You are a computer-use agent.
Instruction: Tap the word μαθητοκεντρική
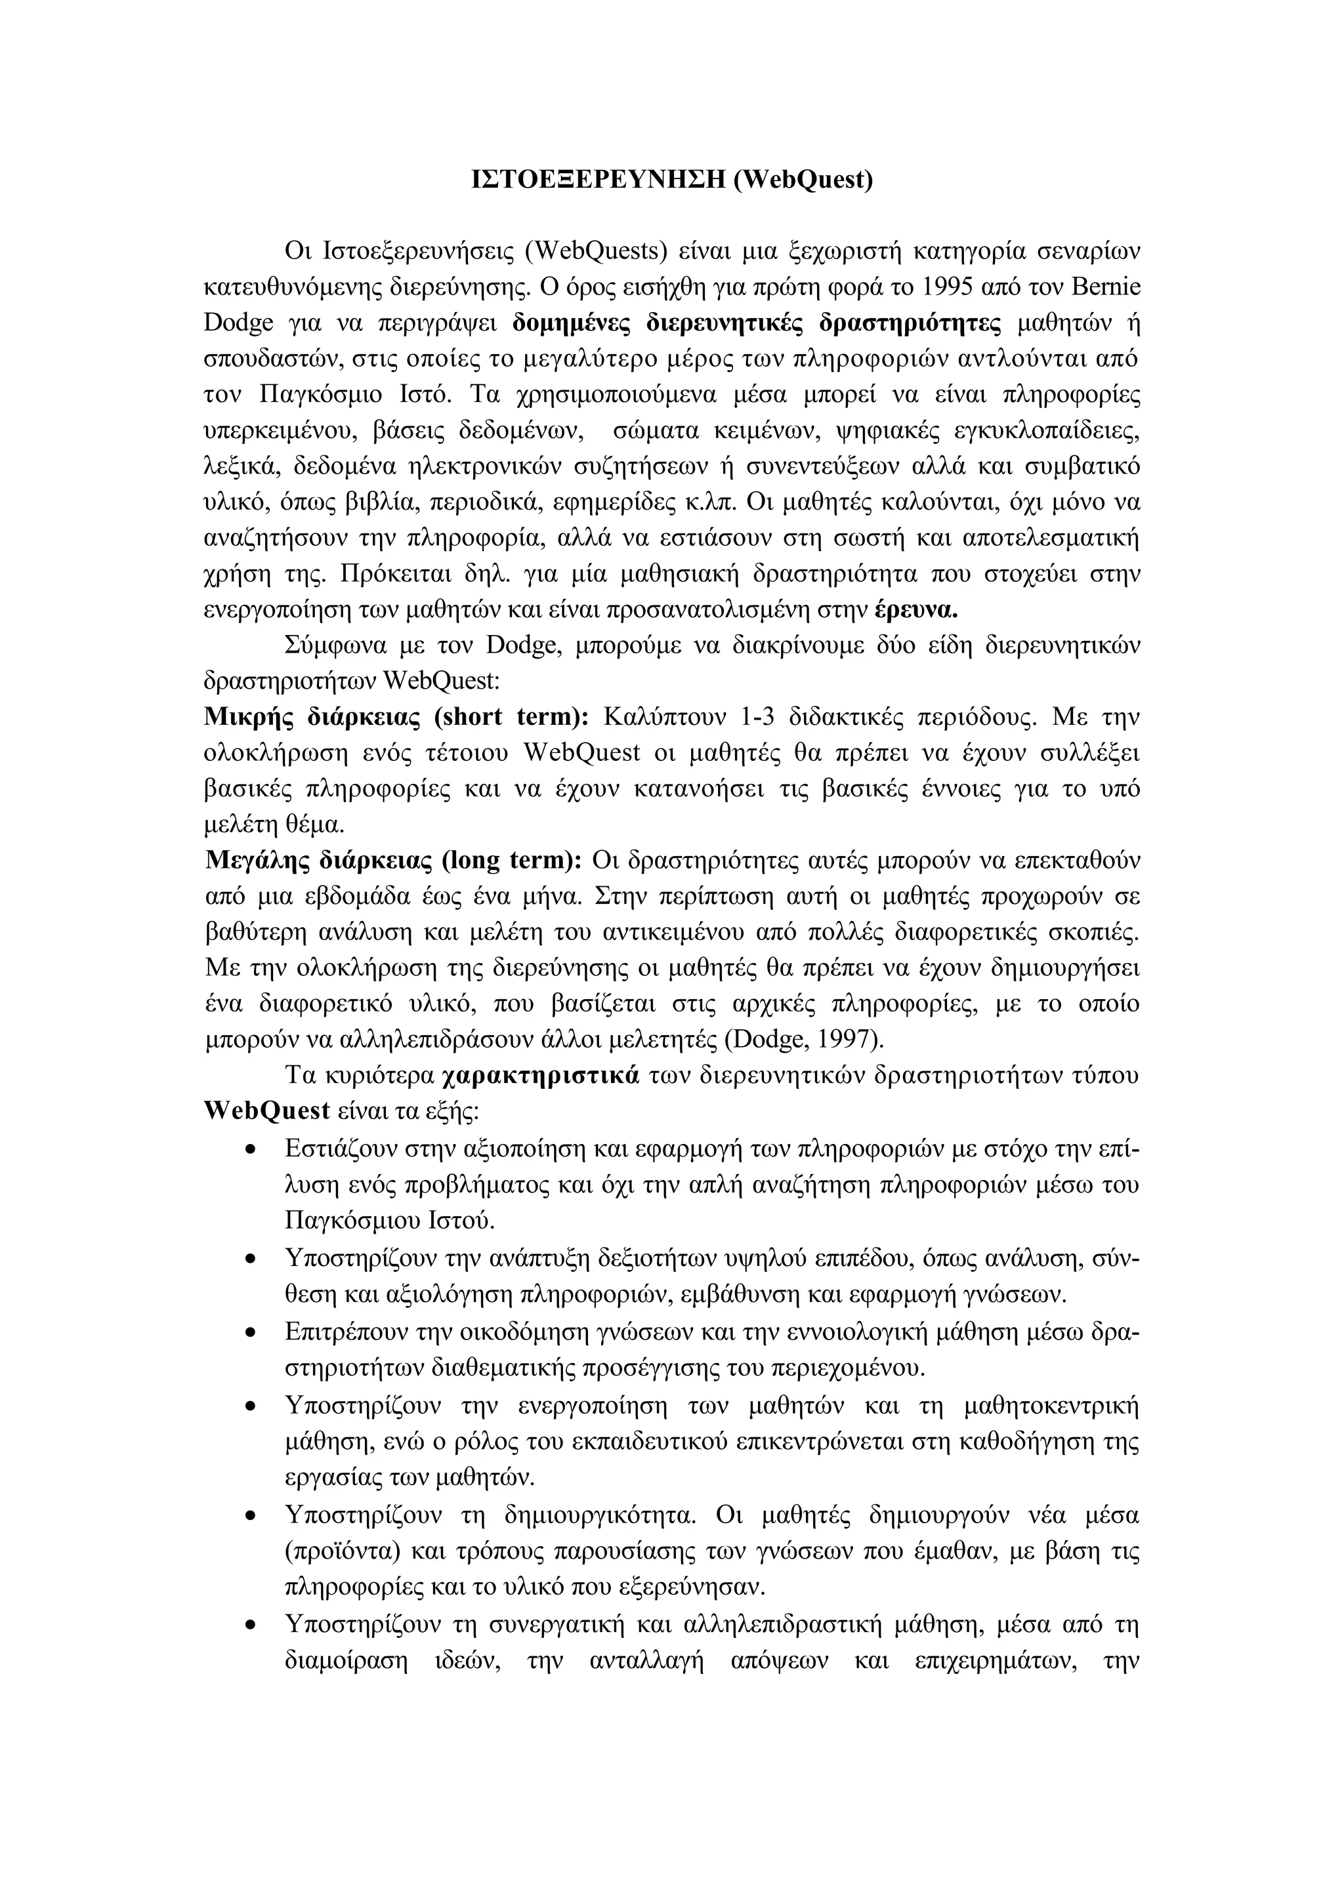[1052, 1406]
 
